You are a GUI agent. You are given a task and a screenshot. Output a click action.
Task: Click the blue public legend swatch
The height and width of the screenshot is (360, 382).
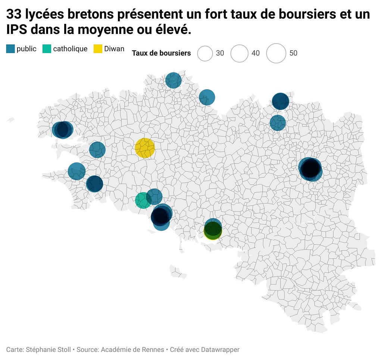click(10, 49)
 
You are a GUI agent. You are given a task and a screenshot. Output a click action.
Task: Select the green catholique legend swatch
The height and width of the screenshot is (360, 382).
click(47, 49)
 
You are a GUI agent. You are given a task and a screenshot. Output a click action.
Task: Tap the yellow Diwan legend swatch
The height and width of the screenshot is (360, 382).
click(98, 49)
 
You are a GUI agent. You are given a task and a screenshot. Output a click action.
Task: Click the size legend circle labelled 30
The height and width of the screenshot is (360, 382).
click(205, 53)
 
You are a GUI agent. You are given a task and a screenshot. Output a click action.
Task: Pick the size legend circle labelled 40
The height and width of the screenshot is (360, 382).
click(239, 53)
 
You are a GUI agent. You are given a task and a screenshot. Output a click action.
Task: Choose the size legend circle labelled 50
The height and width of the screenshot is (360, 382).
click(276, 53)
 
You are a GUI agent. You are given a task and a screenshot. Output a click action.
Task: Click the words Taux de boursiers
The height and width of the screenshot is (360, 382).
click(161, 53)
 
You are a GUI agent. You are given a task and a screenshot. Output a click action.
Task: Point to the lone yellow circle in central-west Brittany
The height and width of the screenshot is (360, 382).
click(145, 148)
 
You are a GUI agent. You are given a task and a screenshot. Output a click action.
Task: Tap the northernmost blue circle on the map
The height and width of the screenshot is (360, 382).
click(173, 80)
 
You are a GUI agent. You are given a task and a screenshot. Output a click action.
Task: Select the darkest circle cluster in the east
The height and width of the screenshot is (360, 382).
click(310, 169)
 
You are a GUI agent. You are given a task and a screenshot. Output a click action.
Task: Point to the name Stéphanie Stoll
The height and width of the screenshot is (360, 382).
click(48, 350)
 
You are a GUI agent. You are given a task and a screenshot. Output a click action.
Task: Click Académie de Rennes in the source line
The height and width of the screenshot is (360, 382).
click(132, 350)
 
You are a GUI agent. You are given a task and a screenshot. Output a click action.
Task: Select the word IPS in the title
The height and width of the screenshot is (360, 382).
click(16, 29)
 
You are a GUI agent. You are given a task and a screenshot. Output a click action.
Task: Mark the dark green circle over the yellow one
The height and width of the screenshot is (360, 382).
click(213, 229)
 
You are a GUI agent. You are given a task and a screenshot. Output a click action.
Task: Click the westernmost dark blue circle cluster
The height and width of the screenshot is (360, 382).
click(63, 129)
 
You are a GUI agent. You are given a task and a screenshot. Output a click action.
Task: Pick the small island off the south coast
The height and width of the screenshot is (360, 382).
click(178, 272)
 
